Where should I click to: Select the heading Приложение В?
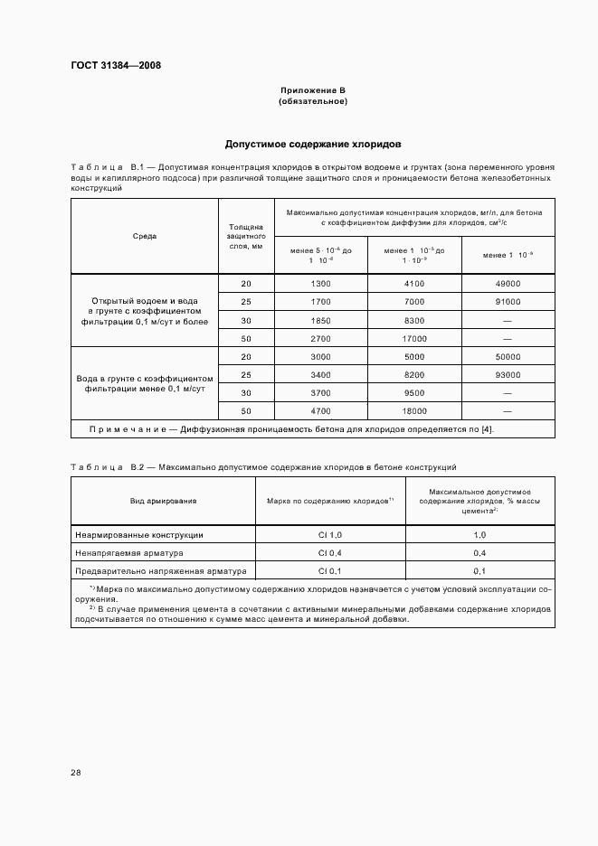tap(313, 91)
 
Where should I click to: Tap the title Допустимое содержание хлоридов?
tap(313, 144)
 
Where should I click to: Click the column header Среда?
tap(144, 236)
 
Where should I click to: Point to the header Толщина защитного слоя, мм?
tap(245, 236)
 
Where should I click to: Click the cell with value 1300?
tap(320, 284)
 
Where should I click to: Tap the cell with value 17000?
tap(414, 338)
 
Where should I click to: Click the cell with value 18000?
tap(414, 410)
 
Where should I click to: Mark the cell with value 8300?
tap(414, 320)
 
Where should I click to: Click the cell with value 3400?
tap(320, 374)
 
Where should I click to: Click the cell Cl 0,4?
tap(328, 553)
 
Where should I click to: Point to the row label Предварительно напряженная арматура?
tap(149, 571)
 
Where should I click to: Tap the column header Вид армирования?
tap(163, 500)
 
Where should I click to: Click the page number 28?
tap(76, 772)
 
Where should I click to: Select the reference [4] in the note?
tap(487, 428)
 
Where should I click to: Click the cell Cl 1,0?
tap(328, 535)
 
